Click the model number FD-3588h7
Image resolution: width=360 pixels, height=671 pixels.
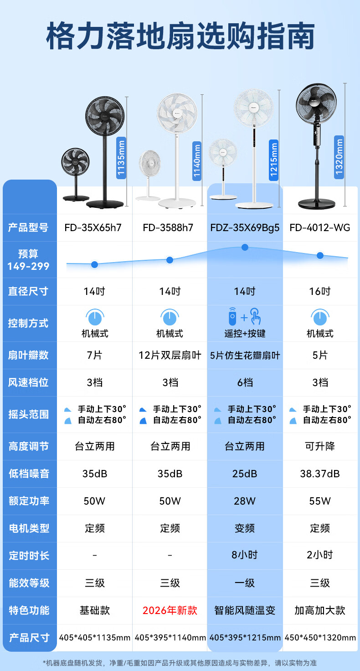click(170, 227)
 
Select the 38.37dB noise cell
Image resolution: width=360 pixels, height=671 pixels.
click(320, 474)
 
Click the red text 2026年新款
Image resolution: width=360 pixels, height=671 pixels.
click(170, 610)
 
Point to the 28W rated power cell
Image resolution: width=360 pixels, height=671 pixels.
click(245, 501)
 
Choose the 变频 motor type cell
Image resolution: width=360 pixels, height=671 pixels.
click(245, 528)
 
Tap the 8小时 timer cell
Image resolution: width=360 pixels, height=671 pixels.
click(245, 555)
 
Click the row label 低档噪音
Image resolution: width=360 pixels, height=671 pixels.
click(28, 474)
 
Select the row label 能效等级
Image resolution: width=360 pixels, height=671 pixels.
click(28, 583)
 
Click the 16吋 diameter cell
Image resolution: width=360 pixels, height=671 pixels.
click(320, 291)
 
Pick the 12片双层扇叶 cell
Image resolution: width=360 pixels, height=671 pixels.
click(170, 355)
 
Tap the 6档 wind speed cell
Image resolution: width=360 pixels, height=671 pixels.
click(245, 382)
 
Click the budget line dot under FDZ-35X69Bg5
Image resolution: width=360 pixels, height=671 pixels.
click(245, 247)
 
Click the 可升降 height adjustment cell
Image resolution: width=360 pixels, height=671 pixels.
click(320, 446)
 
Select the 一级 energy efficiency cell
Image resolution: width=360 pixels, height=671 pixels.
click(245, 583)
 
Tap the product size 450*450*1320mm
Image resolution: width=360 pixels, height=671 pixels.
click(320, 638)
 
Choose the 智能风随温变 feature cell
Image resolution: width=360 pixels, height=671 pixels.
click(245, 610)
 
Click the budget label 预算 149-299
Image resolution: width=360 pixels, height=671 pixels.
click(28, 260)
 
